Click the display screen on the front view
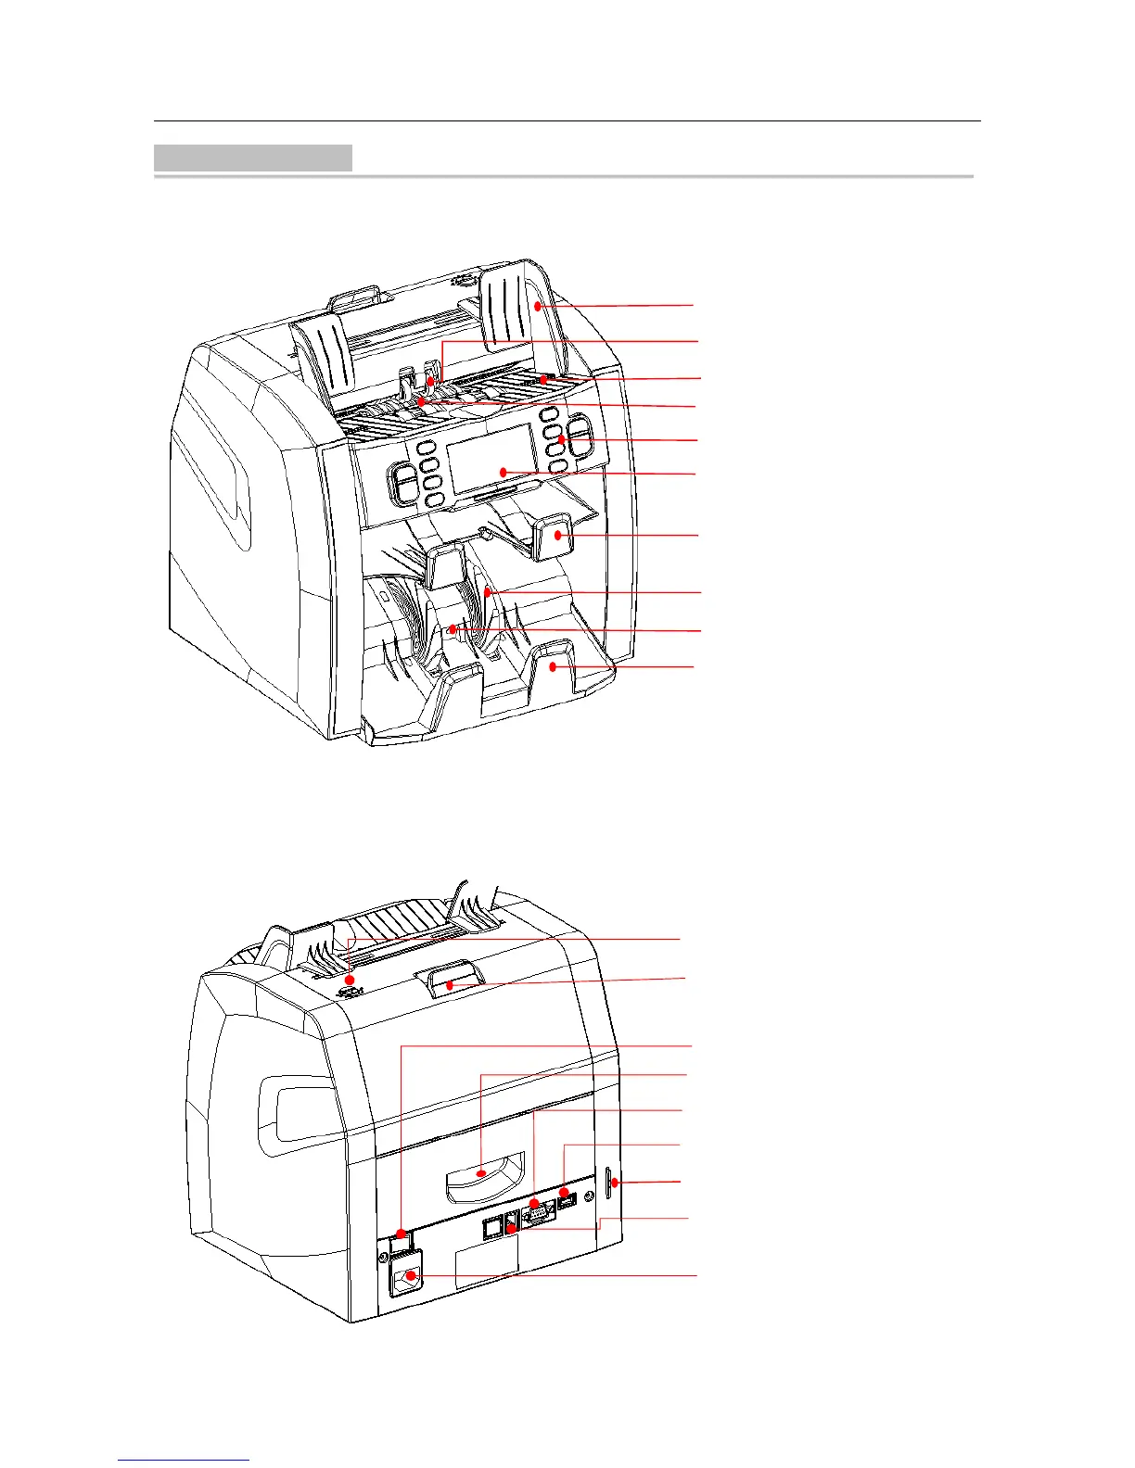(491, 460)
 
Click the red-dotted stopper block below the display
(555, 536)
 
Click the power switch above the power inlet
(401, 1237)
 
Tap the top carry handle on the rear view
(450, 980)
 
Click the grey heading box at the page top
(252, 158)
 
